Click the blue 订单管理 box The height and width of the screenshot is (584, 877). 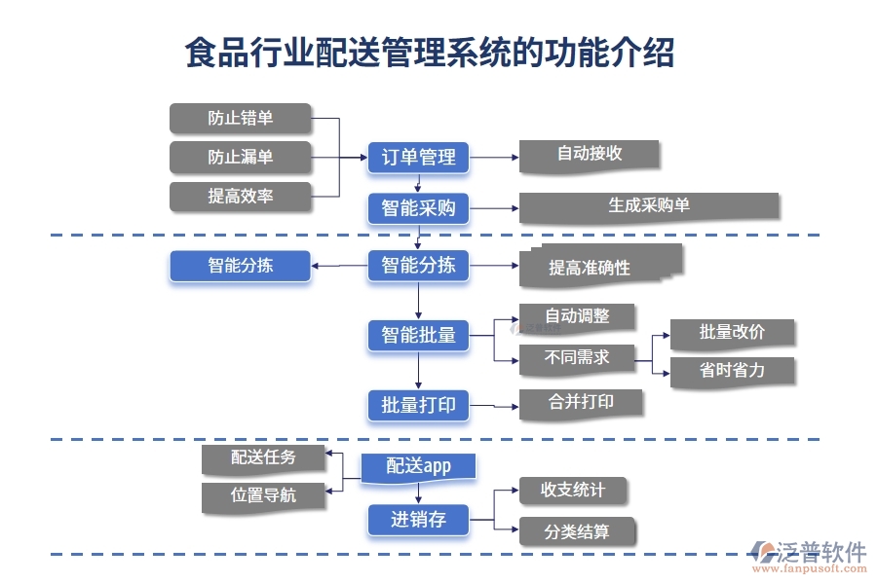418,158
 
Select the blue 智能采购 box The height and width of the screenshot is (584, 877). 418,208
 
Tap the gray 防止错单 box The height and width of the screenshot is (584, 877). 241,119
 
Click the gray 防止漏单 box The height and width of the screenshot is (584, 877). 241,158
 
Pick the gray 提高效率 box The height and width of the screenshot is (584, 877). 241,197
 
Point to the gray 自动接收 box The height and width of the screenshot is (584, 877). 590,155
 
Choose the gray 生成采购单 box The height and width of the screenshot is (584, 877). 648,206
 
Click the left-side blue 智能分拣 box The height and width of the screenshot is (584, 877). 241,266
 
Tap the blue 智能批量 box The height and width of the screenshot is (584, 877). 418,336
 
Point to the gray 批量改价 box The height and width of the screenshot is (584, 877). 732,333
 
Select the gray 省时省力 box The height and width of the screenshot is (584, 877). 732,372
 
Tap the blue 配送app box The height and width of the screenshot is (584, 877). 418,467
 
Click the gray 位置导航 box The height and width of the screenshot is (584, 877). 263,496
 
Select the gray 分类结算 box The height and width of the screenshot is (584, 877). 577,531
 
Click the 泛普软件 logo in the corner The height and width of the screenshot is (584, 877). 808,555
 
